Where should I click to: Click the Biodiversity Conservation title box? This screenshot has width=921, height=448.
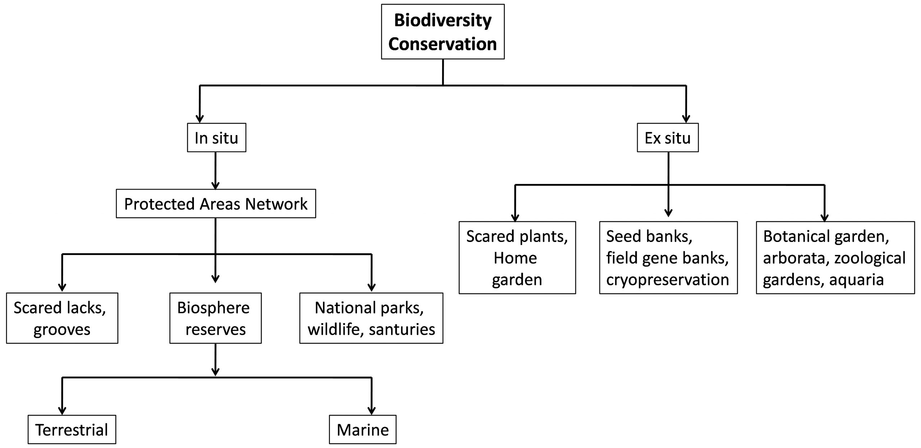pos(443,32)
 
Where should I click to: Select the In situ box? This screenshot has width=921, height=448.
pos(217,138)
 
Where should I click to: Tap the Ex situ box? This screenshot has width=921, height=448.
pos(668,138)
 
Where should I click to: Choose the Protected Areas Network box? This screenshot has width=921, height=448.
pos(216,203)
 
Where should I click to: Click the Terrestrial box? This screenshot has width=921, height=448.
pos(72,429)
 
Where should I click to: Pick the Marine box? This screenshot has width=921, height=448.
pos(363,429)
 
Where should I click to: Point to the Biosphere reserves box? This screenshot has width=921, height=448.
pos(215,318)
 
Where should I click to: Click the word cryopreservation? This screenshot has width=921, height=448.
pos(667,280)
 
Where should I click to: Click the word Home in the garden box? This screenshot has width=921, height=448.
pos(515,258)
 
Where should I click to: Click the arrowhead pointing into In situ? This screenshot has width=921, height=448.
pos(200,118)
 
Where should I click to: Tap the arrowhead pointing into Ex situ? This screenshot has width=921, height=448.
pos(686,118)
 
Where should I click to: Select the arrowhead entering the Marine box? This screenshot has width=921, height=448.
pos(372,411)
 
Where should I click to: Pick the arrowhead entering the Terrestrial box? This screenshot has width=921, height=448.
pos(62,411)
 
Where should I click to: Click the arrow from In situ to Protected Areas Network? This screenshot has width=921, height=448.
pos(215,171)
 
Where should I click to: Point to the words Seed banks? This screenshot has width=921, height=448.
pos(649,236)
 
